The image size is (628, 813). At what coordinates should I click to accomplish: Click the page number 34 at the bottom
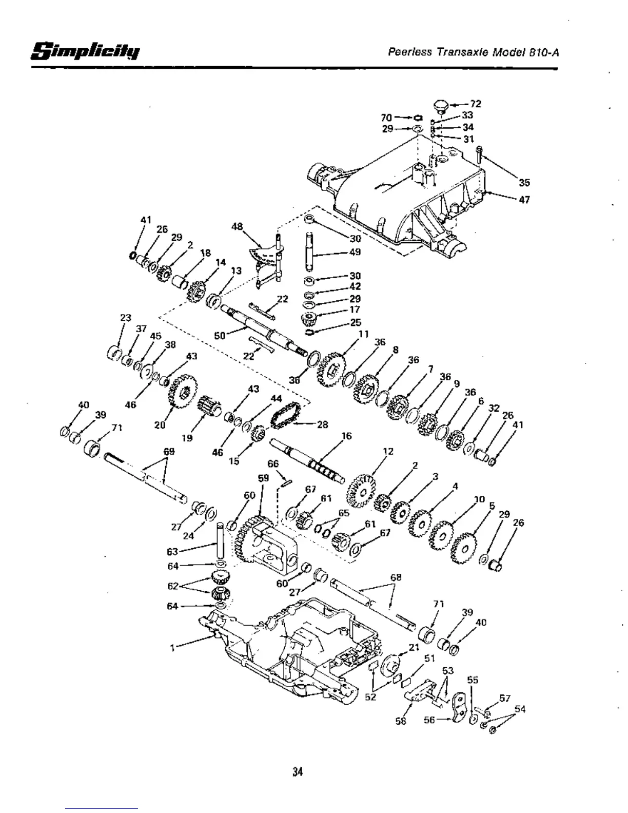(298, 771)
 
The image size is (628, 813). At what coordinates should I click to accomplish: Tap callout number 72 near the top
(476, 104)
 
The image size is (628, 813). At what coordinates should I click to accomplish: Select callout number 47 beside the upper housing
(524, 200)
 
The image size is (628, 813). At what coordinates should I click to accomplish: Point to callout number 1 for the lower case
(172, 647)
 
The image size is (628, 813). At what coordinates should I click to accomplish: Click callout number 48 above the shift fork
(237, 226)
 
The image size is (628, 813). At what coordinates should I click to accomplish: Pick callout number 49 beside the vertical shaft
(355, 251)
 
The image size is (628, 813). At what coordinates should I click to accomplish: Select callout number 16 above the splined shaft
(347, 436)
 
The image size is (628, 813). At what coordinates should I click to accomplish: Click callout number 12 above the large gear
(388, 451)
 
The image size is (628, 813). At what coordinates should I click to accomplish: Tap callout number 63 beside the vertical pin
(172, 552)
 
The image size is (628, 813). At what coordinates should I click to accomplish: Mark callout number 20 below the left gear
(160, 424)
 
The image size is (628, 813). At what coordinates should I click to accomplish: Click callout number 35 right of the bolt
(524, 182)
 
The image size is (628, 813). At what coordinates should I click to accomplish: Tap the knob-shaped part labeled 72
(440, 106)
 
